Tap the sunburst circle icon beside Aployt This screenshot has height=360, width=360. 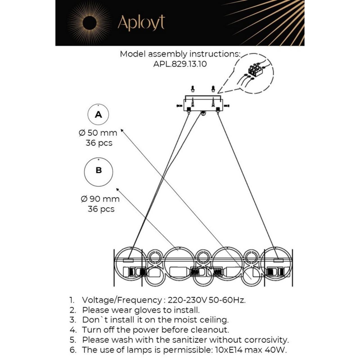pyautogui.click(x=89, y=23)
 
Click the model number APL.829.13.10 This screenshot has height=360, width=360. pyautogui.click(x=180, y=64)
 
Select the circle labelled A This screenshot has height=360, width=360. pyautogui.click(x=98, y=114)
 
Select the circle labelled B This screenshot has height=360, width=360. pyautogui.click(x=98, y=172)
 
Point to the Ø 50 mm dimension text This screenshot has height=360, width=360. pyautogui.click(x=98, y=133)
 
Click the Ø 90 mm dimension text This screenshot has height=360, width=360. pyautogui.click(x=100, y=199)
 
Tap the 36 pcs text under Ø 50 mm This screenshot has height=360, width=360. pyautogui.click(x=99, y=143)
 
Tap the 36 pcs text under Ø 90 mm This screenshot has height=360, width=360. pyautogui.click(x=101, y=209)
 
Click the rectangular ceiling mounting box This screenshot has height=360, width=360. pyautogui.click(x=203, y=104)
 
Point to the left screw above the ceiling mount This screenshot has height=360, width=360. pyautogui.click(x=193, y=89)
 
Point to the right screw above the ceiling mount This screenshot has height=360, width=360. pyautogui.click(x=213, y=89)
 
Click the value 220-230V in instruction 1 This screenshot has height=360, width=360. pyautogui.click(x=187, y=300)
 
